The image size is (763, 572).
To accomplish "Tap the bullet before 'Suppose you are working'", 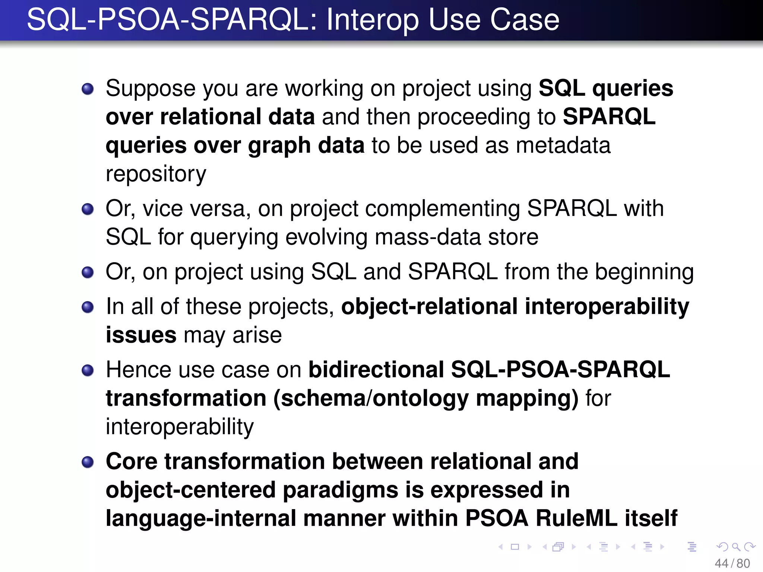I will tap(88, 89).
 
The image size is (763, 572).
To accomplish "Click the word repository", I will tap(156, 174).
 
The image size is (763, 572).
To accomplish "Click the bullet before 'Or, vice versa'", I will tap(88, 209).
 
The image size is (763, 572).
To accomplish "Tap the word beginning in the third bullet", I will tap(644, 272).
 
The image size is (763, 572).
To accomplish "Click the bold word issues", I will tap(141, 335).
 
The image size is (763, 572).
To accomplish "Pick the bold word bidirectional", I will tap(376, 370).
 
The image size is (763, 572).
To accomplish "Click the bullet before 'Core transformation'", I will tap(88, 462).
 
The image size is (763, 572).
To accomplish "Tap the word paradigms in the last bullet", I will tap(341, 490).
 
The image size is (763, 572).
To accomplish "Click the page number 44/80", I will tap(732, 563).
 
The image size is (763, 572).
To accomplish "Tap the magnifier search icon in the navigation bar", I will tap(736, 547).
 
